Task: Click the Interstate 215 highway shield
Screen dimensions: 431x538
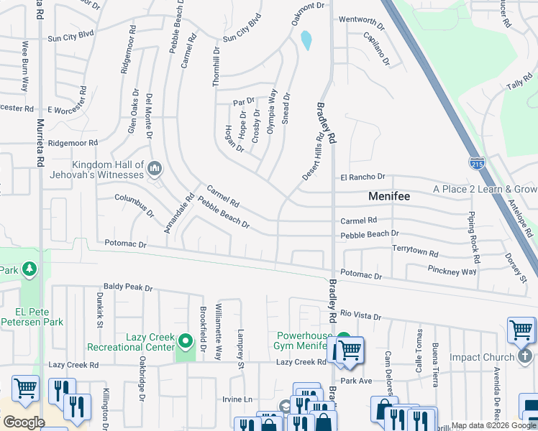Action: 477,163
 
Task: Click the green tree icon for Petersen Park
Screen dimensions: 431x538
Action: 29,269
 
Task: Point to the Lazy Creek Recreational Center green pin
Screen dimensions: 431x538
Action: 186,340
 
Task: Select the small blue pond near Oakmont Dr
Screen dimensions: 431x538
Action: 307,40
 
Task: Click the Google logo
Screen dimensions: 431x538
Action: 24,422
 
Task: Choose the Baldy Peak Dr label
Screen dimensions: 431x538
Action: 128,287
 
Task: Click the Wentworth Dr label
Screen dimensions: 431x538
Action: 363,19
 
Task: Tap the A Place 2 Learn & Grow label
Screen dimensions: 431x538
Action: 485,190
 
